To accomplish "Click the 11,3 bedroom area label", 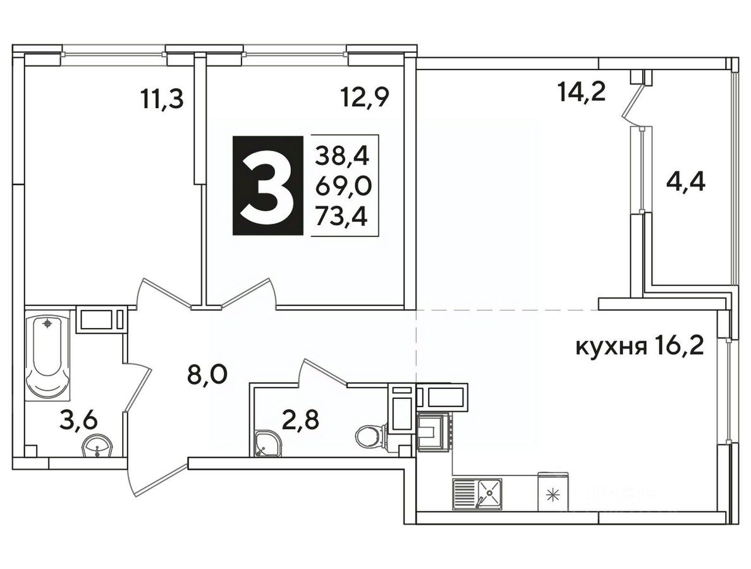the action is click(162, 100).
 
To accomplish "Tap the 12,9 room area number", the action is click(365, 98).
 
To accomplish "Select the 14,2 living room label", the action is click(582, 92).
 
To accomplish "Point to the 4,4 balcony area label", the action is click(686, 183).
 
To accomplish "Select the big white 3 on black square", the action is click(268, 185).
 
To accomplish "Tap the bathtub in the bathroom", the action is click(47, 355).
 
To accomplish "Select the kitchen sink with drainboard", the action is click(477, 493).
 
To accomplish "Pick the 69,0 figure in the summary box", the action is click(343, 187).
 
